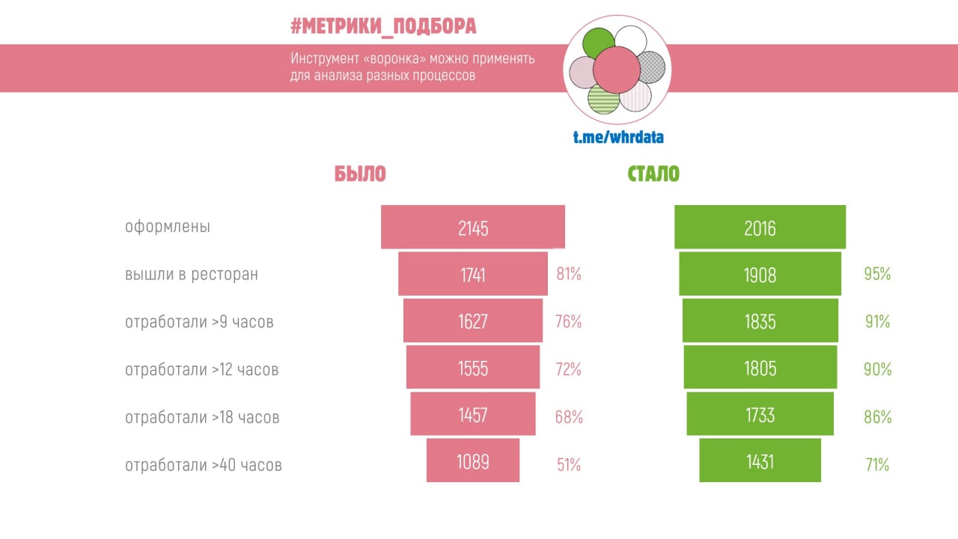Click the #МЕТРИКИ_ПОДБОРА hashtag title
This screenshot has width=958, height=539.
pyautogui.click(x=383, y=27)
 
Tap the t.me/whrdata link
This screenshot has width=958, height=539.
pyautogui.click(x=618, y=137)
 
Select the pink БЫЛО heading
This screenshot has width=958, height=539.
pyautogui.click(x=360, y=174)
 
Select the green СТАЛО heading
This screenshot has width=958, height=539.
pyautogui.click(x=653, y=174)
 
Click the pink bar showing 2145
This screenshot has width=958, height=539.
pyautogui.click(x=473, y=227)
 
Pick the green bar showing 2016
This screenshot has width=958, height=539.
pyautogui.click(x=760, y=227)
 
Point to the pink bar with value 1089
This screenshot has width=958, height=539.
pyautogui.click(x=473, y=460)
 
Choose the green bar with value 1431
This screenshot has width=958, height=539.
pyautogui.click(x=760, y=460)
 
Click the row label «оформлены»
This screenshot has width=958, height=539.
pyautogui.click(x=168, y=227)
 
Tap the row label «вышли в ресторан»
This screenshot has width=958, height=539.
pyautogui.click(x=192, y=274)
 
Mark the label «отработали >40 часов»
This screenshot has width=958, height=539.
pyautogui.click(x=204, y=465)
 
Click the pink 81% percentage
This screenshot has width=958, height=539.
pyautogui.click(x=569, y=274)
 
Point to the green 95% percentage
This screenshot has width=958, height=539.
pyautogui.click(x=877, y=274)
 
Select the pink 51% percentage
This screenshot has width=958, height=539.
pyautogui.click(x=569, y=465)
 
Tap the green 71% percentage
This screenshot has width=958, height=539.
pyautogui.click(x=877, y=465)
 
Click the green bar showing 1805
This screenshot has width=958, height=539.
pyautogui.click(x=760, y=367)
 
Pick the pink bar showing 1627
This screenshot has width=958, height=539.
pyautogui.click(x=473, y=321)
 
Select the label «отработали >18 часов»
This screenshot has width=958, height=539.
pyautogui.click(x=202, y=417)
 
